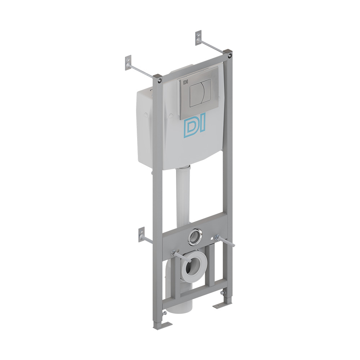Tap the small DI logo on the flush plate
pos(185,81)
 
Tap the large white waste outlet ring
pos(194,266)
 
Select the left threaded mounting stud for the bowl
pos(181,256)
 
